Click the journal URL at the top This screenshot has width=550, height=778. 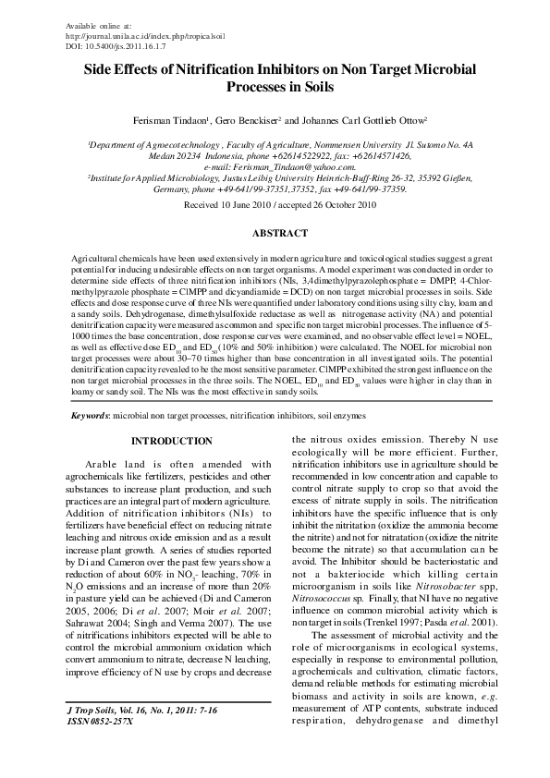click(147, 35)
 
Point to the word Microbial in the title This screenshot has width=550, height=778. click(443, 68)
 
